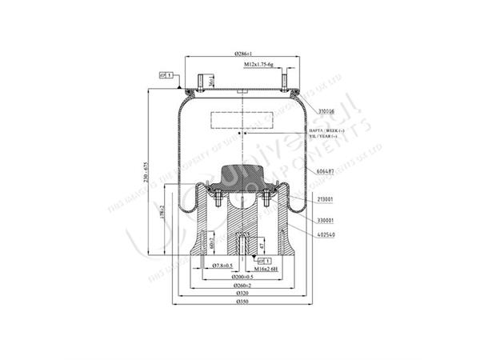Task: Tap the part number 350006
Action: (307, 111)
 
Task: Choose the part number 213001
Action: (305, 198)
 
